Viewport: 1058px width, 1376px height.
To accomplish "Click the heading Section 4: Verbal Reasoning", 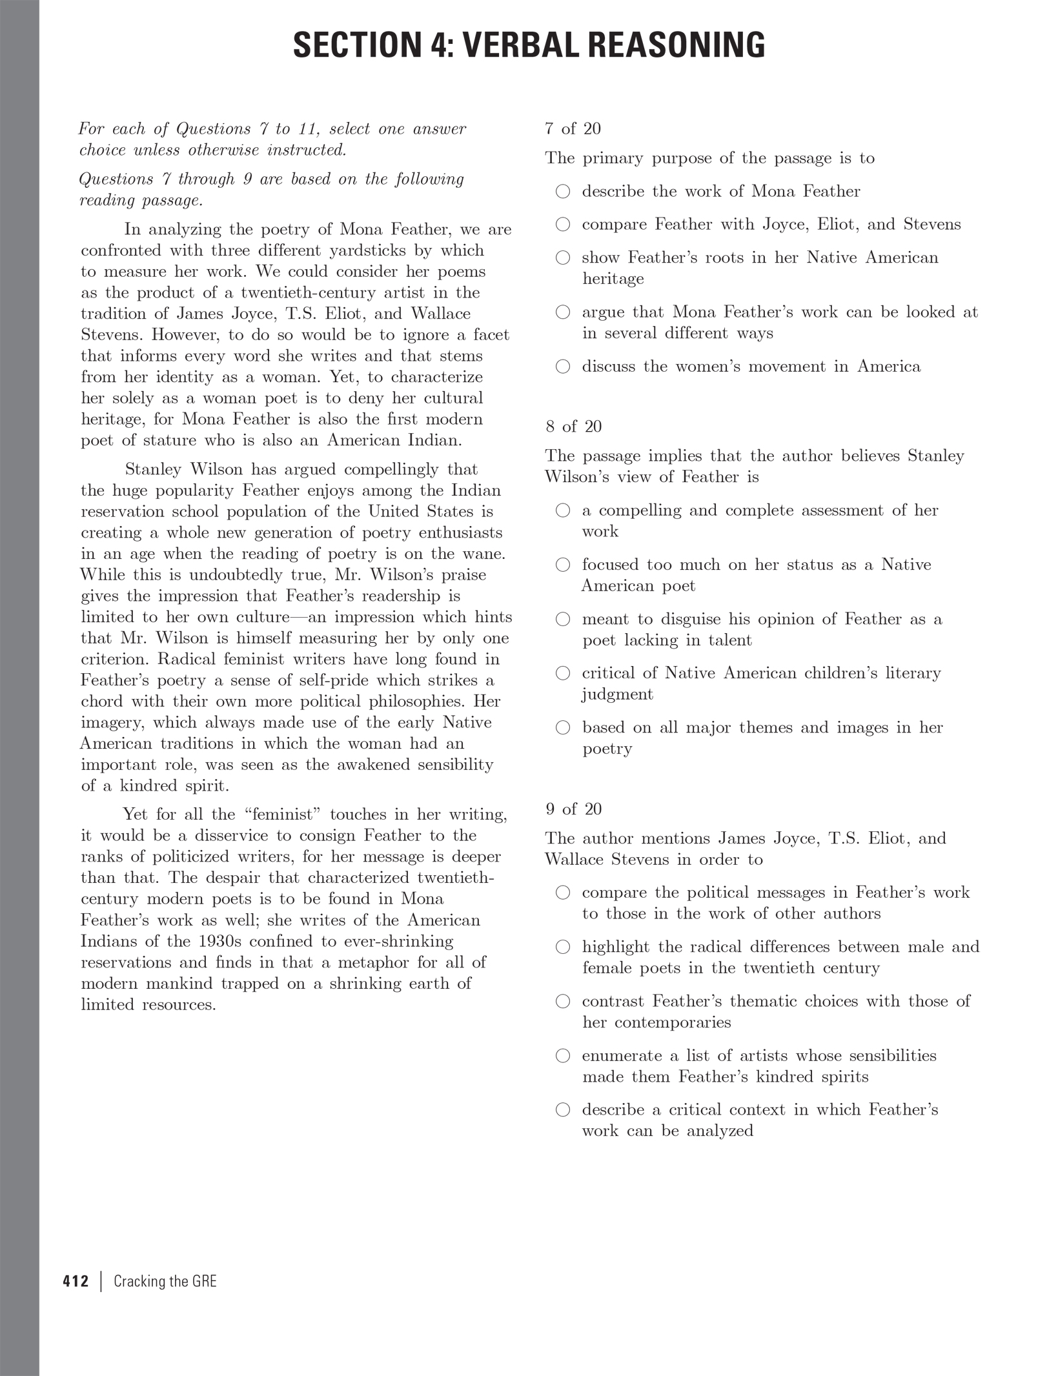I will (529, 45).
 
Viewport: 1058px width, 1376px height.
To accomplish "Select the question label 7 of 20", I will (573, 129).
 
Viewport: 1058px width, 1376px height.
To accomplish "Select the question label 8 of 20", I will (573, 427).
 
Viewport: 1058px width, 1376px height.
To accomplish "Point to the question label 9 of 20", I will (573, 809).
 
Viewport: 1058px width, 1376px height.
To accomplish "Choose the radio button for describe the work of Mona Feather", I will (564, 192).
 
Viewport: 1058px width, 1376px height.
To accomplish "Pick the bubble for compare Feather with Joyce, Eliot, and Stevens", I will (564, 225).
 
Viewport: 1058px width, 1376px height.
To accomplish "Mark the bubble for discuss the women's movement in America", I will (564, 367).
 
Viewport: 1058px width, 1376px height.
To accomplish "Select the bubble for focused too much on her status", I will (564, 565).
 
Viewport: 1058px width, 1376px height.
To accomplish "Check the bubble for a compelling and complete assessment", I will (564, 511).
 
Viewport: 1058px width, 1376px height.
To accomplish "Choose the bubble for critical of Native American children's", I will (564, 674).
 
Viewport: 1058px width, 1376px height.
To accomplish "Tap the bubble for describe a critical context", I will (564, 1110).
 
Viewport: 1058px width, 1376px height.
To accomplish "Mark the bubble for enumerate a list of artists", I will (564, 1056).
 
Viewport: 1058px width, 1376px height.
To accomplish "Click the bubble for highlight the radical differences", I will (564, 947).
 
